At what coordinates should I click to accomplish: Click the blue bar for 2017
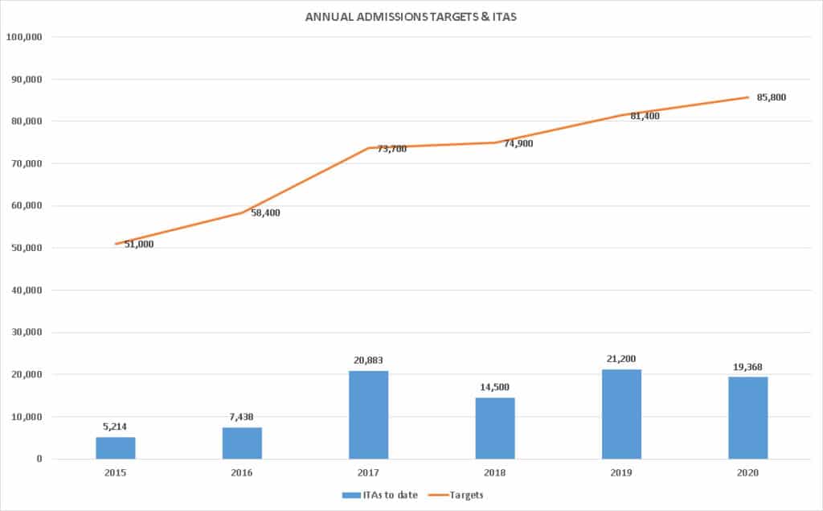[x=368, y=414]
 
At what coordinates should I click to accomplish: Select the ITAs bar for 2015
[x=115, y=447]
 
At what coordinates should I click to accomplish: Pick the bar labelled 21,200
[x=621, y=414]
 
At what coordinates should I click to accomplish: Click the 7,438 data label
[x=242, y=418]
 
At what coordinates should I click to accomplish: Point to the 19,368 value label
[x=747, y=367]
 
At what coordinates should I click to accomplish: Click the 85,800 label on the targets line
[x=772, y=97]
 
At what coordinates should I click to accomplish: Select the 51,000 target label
[x=138, y=244]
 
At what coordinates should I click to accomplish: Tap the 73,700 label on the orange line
[x=391, y=148]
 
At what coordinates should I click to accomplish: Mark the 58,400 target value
[x=265, y=212]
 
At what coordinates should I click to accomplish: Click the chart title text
[x=411, y=17]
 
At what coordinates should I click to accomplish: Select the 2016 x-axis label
[x=242, y=472]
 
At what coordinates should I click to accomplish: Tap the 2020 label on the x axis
[x=747, y=472]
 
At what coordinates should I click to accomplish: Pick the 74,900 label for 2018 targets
[x=518, y=143]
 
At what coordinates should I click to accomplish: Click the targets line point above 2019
[x=621, y=115]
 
